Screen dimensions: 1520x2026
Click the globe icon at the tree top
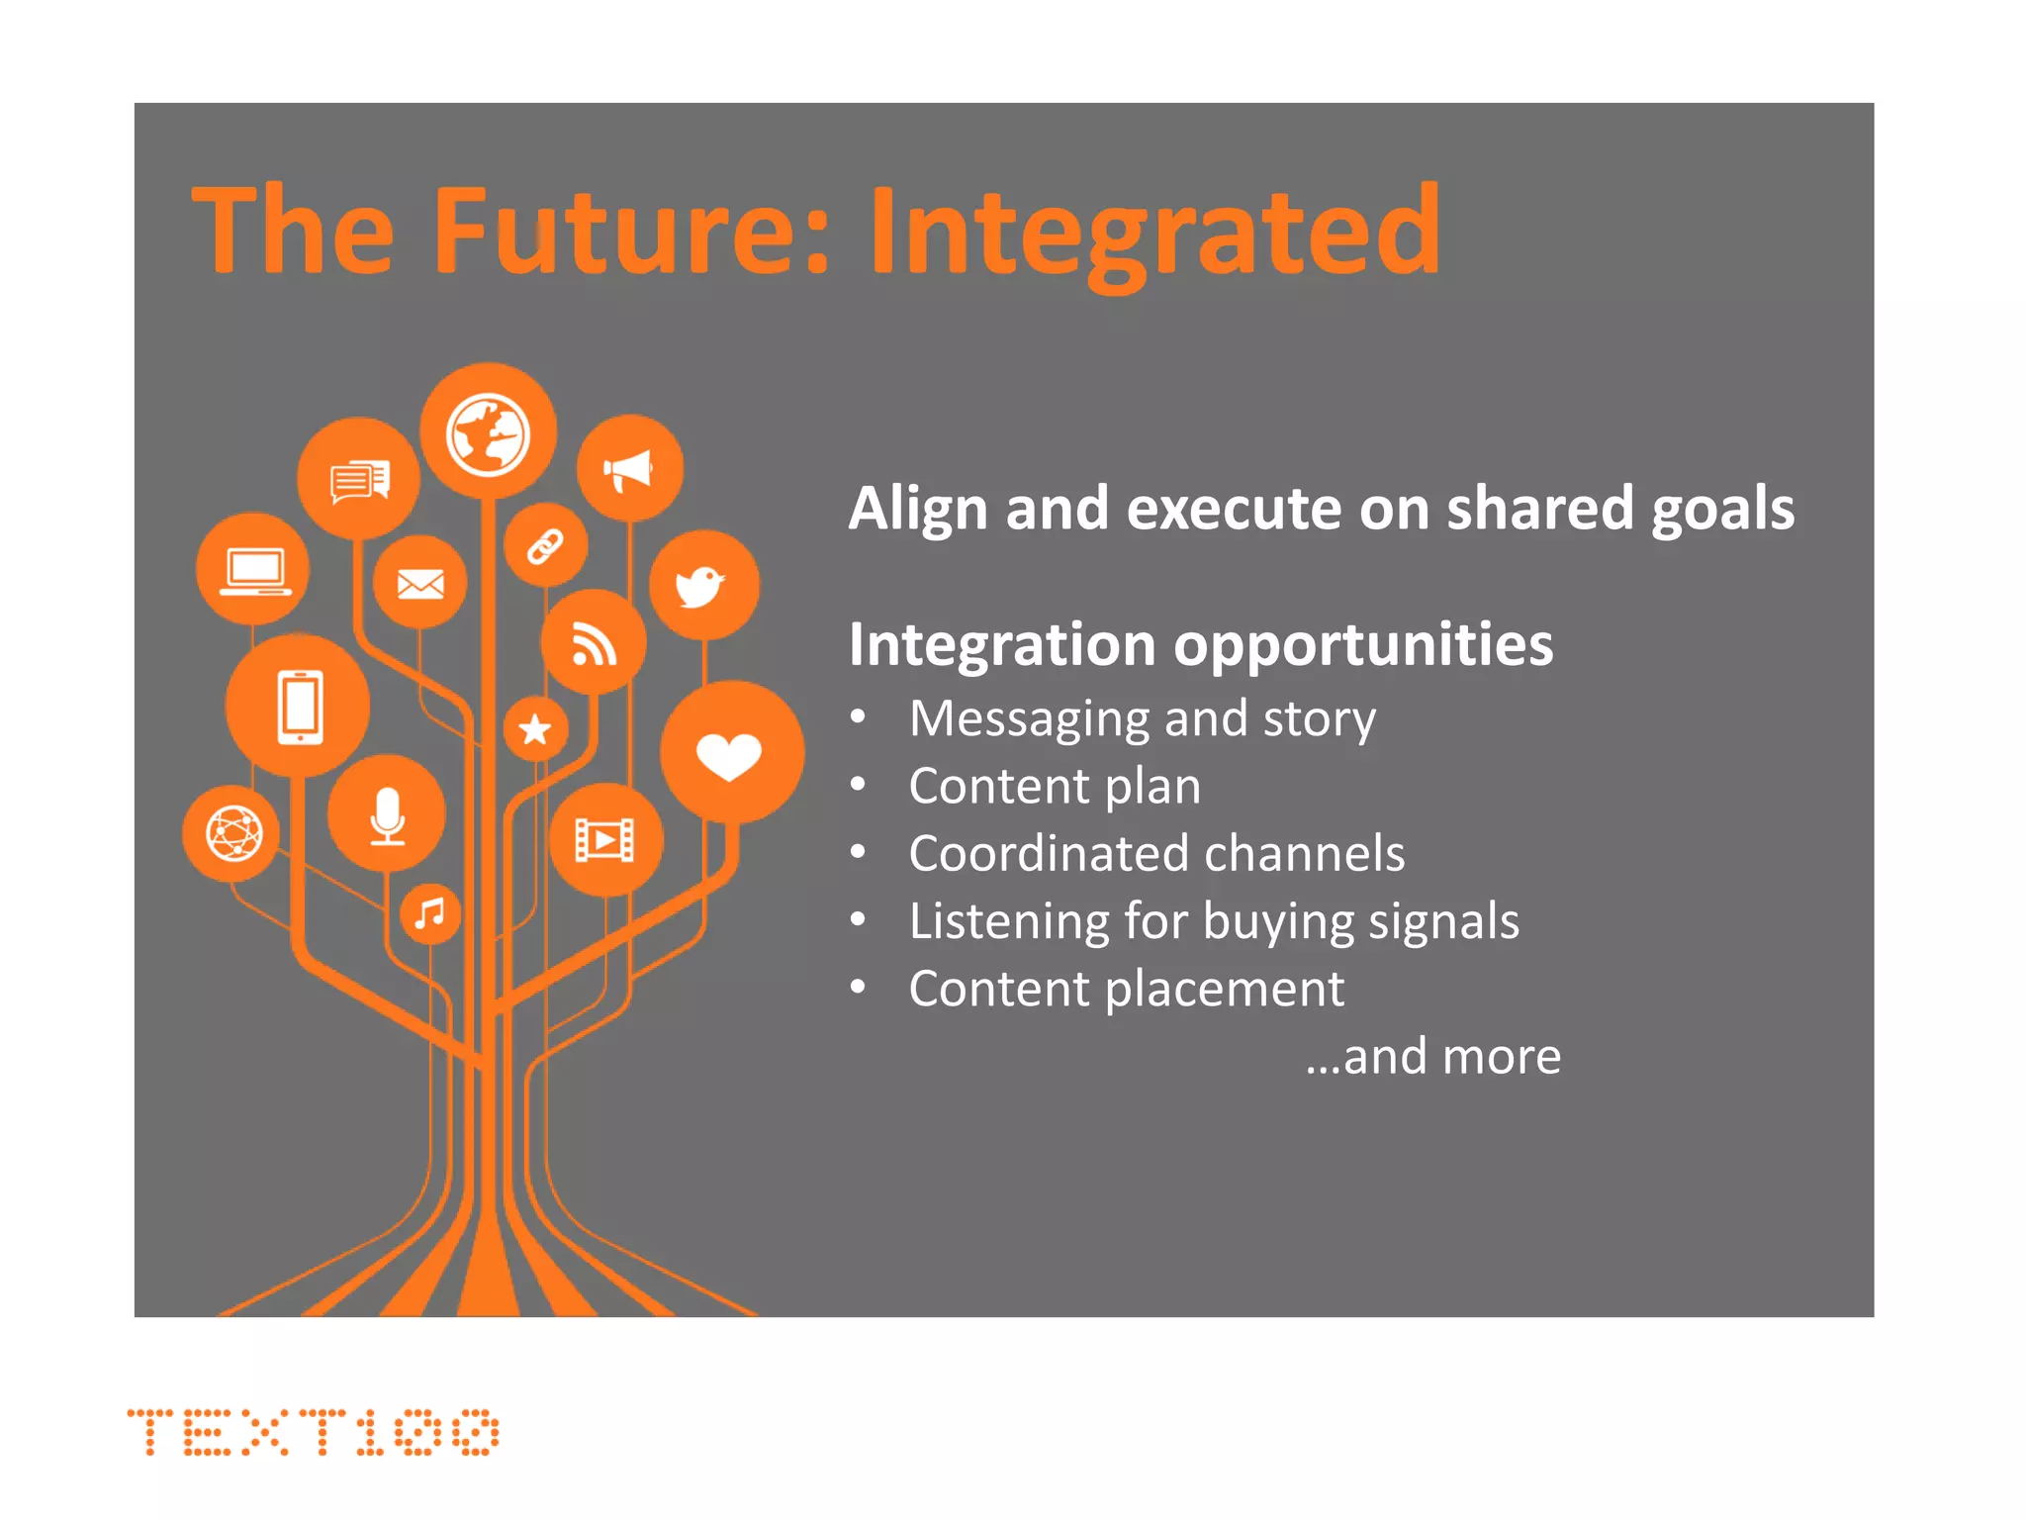[488, 433]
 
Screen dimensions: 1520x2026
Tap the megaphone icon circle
[629, 469]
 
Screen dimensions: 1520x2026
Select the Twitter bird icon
[702, 586]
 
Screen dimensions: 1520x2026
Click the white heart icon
[729, 755]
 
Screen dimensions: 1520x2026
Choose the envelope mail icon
[420, 584]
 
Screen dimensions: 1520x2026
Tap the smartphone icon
[299, 707]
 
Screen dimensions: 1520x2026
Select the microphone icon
[387, 814]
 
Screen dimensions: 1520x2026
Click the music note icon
[430, 913]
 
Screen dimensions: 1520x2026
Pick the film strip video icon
[605, 840]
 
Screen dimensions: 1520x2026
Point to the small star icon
[535, 729]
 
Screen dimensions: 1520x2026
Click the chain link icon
[545, 545]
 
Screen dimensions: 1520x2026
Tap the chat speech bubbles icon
[359, 481]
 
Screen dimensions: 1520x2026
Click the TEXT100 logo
[313, 1432]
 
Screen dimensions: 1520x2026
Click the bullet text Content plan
[1055, 786]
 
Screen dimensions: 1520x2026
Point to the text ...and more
[1432, 1056]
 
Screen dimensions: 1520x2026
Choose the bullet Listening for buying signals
[1213, 921]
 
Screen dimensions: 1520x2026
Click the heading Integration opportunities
[1200, 644]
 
